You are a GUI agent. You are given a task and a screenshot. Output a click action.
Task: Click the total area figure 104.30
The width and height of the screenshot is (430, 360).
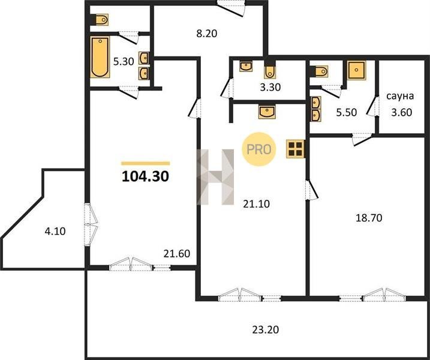145,176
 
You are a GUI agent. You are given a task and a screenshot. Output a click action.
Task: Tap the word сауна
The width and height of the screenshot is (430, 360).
400,97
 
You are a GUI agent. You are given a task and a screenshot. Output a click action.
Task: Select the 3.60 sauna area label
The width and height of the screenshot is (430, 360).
401,113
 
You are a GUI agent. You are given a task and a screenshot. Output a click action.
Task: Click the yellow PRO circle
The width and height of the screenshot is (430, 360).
259,149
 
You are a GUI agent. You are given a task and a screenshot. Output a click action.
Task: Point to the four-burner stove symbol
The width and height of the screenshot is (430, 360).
295,149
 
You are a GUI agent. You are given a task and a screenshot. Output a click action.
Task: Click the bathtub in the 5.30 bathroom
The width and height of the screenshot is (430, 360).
100,57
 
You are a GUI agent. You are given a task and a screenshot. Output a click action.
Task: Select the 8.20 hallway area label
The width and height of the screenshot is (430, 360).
206,34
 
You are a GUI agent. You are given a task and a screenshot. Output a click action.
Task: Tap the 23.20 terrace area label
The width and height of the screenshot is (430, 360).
265,329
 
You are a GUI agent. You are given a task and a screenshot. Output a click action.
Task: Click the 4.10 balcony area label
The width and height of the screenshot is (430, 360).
55,232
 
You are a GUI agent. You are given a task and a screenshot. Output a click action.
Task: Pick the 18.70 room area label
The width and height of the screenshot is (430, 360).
369,218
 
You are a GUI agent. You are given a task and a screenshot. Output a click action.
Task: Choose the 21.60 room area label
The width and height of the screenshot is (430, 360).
176,254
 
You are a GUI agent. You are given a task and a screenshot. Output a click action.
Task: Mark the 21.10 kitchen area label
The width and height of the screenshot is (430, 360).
257,204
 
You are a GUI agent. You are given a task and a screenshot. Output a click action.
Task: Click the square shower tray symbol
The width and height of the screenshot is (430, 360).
356,70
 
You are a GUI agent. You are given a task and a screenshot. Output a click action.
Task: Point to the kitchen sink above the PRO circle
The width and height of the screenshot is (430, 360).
267,112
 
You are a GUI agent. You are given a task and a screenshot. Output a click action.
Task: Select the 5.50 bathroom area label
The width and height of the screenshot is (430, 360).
347,113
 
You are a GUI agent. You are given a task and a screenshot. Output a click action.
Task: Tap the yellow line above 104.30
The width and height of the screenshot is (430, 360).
145,164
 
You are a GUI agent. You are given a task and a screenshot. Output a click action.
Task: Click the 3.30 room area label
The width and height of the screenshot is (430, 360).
270,88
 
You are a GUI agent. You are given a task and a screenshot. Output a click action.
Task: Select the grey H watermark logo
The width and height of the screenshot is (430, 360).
215,177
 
